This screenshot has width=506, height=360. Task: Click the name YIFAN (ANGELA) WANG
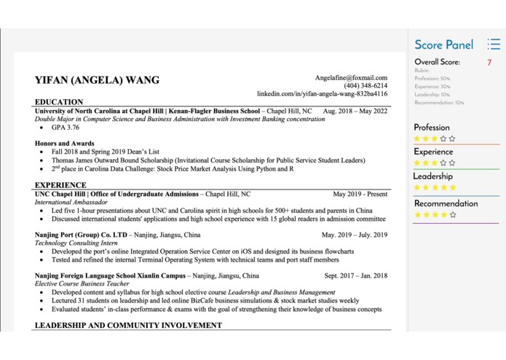tap(97, 80)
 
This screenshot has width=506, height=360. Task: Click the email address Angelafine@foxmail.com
tap(351, 77)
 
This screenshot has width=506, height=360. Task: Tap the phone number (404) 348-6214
tap(365, 85)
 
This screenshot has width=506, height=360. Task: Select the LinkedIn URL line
tap(322, 94)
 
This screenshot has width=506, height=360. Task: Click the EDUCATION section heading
tap(59, 102)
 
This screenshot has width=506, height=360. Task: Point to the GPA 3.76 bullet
tap(65, 128)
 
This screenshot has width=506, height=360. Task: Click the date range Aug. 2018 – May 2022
tap(355, 111)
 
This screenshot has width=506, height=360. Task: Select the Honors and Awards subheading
tap(64, 144)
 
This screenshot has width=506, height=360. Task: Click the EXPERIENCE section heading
tap(60, 185)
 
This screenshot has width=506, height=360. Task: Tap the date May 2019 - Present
tap(360, 195)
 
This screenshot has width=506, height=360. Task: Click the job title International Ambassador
tap(71, 203)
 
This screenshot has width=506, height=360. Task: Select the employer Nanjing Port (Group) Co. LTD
tap(81, 235)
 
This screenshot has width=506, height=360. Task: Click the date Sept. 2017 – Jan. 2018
tap(356, 276)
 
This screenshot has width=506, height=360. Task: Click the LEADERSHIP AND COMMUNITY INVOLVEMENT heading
tap(128, 325)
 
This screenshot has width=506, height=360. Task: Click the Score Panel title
tap(443, 45)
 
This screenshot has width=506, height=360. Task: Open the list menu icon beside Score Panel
tap(494, 45)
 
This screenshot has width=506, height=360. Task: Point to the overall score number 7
tap(489, 63)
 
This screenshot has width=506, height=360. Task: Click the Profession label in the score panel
tap(432, 128)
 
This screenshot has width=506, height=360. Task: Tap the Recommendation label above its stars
tap(446, 203)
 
